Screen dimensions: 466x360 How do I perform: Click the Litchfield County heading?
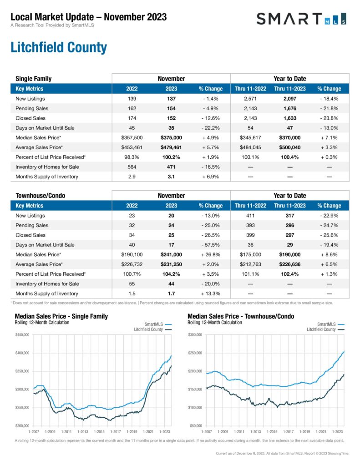[x=58, y=48]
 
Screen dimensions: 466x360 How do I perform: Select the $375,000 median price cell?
[x=171, y=137]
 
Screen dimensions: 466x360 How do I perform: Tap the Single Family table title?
[x=34, y=78]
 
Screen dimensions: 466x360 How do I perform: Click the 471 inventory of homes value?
[x=171, y=167]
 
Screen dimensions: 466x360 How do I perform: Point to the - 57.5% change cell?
[x=211, y=245]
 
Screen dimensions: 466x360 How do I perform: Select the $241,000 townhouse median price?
[x=171, y=254]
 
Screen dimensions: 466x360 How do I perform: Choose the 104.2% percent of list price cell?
[x=171, y=274]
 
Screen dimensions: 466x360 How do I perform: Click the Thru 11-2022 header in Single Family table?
[x=250, y=89]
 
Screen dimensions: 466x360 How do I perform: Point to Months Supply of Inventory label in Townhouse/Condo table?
[x=46, y=294]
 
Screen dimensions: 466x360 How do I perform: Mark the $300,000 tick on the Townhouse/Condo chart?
[x=194, y=334]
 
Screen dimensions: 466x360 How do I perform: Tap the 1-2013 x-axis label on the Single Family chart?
[x=83, y=431]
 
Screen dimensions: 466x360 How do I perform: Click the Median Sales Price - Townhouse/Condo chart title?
[x=241, y=316]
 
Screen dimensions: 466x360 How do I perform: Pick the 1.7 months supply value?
[x=171, y=294]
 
